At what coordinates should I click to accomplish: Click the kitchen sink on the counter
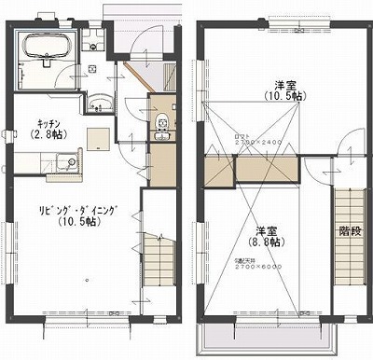coord(64,164)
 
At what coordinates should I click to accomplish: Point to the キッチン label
coord(49,123)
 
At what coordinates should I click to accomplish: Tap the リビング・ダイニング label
coord(76,210)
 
